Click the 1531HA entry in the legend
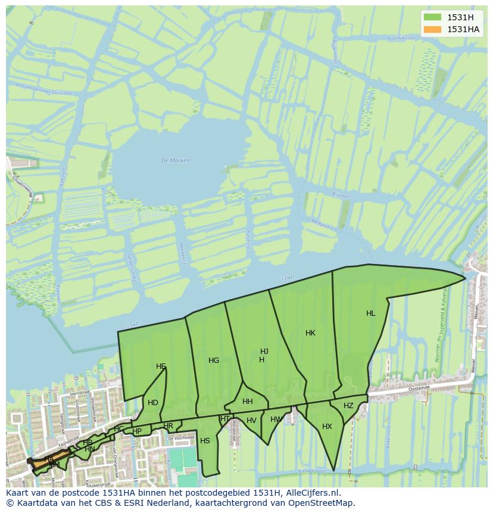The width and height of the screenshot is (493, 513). (x=463, y=29)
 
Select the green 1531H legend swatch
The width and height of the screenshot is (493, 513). (x=432, y=17)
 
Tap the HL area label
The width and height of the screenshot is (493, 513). (x=371, y=313)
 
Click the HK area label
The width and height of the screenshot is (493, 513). (x=310, y=333)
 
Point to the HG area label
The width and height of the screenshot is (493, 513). (x=214, y=360)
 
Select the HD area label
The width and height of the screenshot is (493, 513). (x=153, y=403)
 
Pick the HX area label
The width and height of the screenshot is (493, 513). (x=327, y=427)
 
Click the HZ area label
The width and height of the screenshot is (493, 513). (x=348, y=406)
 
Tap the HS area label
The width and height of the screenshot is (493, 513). (x=205, y=441)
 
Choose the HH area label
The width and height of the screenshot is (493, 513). (x=248, y=402)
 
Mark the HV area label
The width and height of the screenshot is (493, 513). (x=251, y=421)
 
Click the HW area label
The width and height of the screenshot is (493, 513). (x=276, y=419)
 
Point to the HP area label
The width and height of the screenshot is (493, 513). (x=137, y=431)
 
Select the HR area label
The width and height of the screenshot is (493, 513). (x=169, y=426)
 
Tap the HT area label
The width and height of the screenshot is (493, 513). (x=225, y=419)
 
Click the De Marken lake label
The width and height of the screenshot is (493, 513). (x=175, y=160)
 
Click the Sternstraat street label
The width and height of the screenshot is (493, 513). (x=79, y=393)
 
